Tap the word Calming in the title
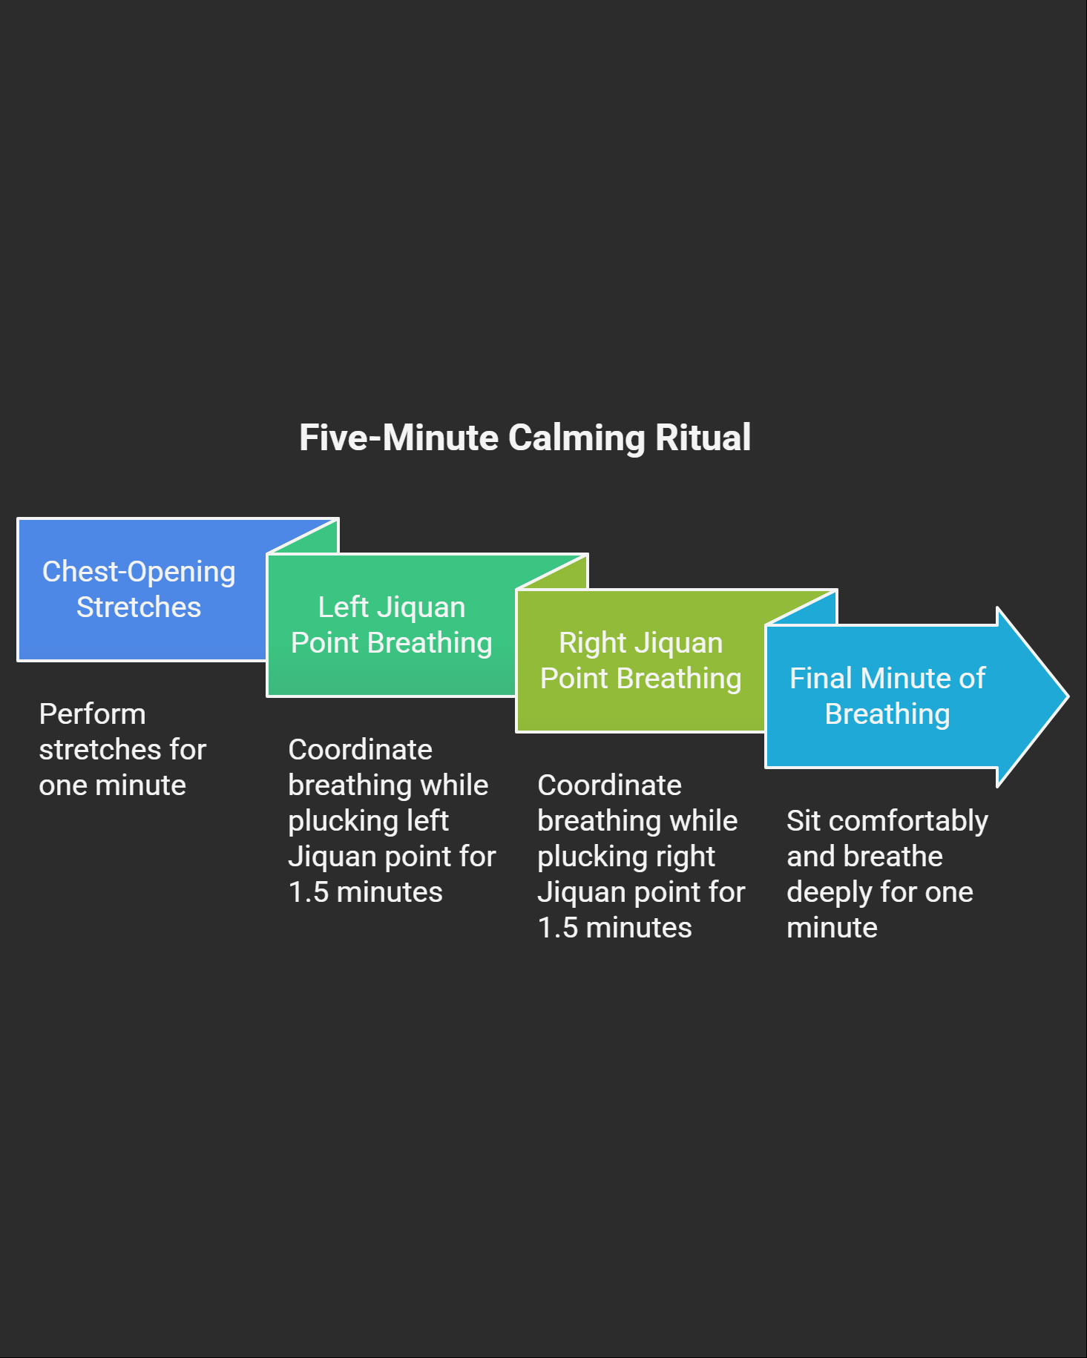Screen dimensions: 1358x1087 coord(577,438)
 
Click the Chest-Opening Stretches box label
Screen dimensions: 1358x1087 coord(139,589)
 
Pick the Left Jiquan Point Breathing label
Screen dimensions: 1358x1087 coord(391,624)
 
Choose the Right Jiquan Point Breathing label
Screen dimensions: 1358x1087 coord(640,660)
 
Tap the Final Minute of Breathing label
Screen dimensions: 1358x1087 coord(887,696)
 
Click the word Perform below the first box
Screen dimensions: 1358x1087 coord(92,714)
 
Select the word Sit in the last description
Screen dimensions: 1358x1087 coord(803,821)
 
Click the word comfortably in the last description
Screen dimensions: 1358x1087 coord(908,821)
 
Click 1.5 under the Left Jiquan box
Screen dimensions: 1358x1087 coord(308,892)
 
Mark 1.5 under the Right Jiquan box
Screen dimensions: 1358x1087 coord(557,928)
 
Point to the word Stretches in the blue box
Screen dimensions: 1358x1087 coord(139,607)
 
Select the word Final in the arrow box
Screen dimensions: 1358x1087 coord(821,678)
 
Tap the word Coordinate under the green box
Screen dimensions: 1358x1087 coord(360,750)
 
